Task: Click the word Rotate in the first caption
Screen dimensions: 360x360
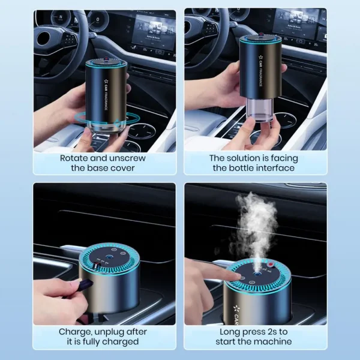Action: tap(74, 158)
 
